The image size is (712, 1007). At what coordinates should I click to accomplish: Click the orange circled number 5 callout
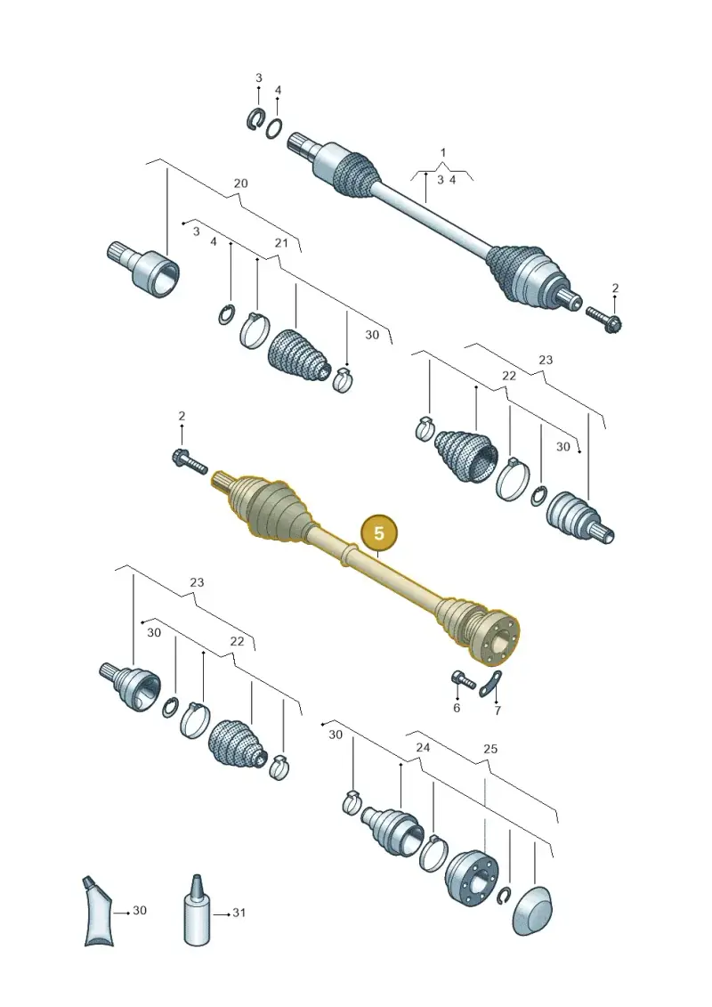[x=379, y=533]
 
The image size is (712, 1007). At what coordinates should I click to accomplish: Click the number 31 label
[x=239, y=912]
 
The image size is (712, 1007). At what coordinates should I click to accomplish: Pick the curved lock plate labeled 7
[x=492, y=683]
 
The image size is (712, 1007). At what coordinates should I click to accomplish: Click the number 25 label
[x=489, y=749]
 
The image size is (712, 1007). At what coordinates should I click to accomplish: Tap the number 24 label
[x=423, y=747]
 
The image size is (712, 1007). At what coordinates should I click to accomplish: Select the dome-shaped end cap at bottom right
[x=534, y=912]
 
